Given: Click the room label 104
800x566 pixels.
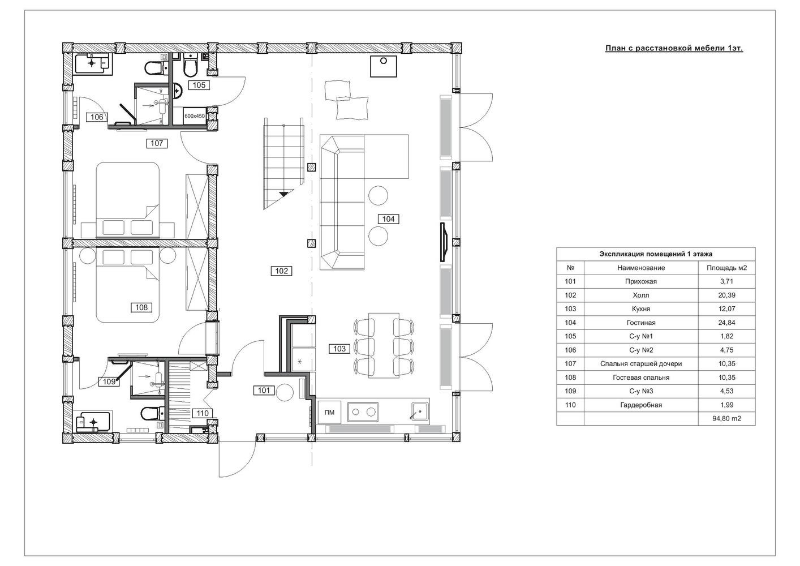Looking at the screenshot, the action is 388,219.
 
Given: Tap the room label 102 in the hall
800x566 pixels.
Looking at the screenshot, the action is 281,271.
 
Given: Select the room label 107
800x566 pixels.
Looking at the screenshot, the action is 157,143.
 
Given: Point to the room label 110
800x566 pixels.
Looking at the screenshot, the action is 203,413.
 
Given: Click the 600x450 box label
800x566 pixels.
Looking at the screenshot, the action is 195,116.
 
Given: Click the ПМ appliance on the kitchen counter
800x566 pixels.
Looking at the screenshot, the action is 330,413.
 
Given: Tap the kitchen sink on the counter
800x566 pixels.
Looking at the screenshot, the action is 419,411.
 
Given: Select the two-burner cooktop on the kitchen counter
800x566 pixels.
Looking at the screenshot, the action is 363,412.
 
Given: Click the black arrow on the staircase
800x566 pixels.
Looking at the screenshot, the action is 283,194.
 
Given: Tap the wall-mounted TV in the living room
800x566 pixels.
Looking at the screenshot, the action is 444,242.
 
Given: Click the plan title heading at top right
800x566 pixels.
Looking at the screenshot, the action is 674,48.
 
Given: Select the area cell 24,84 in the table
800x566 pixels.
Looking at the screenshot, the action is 726,323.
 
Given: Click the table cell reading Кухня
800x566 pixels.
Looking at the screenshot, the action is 640,308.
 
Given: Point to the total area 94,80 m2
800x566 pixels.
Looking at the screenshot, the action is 726,418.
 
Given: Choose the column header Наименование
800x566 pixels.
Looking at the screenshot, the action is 640,268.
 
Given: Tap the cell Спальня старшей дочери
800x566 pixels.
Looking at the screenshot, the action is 640,364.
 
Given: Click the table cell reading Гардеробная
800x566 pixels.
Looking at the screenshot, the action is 640,405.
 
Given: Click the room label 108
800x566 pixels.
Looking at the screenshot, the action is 141,307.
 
